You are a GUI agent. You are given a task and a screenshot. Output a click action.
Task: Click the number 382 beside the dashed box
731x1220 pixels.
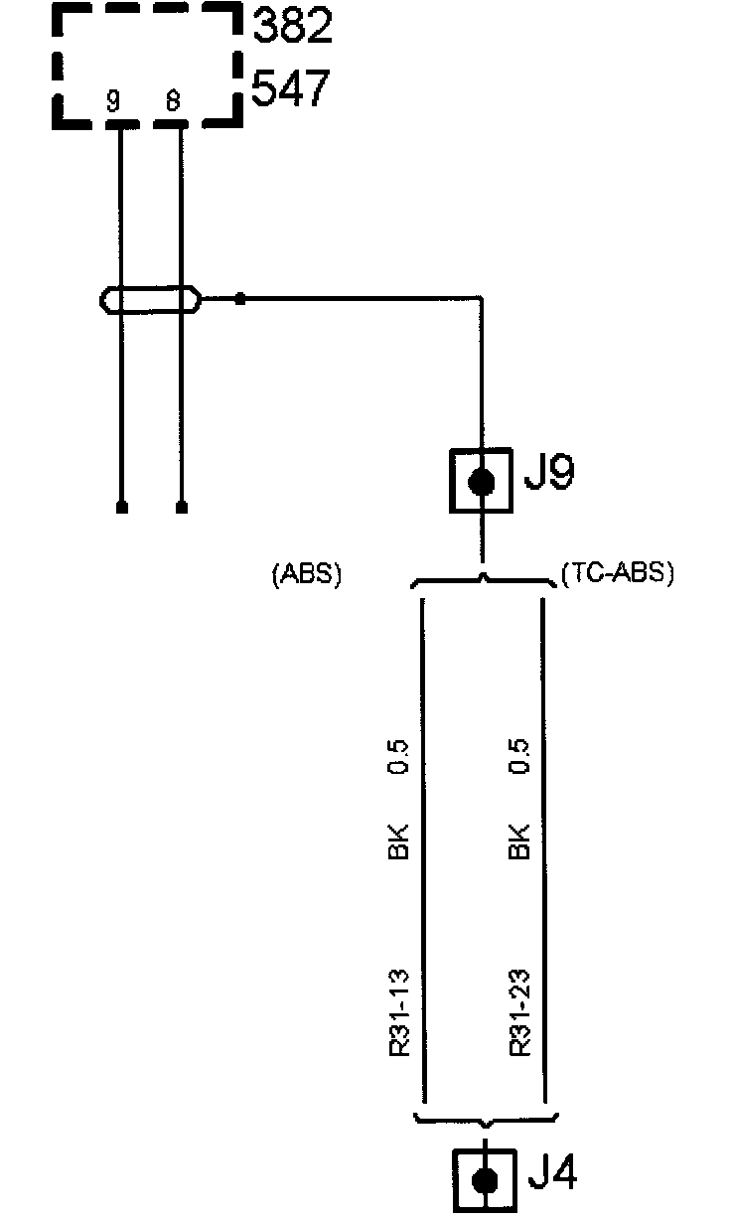click(292, 27)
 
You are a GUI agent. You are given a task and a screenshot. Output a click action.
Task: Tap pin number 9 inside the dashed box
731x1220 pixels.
click(115, 100)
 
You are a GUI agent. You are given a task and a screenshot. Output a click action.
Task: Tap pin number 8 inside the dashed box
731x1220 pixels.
click(173, 100)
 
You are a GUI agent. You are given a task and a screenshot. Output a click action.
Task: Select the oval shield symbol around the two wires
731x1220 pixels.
click(150, 298)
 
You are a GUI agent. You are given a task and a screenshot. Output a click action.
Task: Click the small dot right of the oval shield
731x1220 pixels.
click(240, 297)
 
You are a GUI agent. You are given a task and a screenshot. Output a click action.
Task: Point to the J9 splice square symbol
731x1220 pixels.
click(482, 482)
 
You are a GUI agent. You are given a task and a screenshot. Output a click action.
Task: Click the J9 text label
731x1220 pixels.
click(548, 475)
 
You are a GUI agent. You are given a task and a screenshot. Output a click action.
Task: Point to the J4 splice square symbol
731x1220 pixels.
click(485, 1181)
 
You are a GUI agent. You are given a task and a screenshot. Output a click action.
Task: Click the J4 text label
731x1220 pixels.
click(551, 1174)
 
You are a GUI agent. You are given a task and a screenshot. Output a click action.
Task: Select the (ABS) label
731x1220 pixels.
click(306, 575)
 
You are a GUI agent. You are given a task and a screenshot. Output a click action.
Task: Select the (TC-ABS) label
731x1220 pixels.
click(617, 574)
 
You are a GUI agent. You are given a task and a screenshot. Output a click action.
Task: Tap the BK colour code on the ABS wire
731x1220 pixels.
click(399, 840)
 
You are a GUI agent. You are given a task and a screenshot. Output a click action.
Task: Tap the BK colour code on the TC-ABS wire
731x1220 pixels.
click(518, 840)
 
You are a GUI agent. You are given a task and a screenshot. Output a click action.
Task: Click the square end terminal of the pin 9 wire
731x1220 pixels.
click(121, 508)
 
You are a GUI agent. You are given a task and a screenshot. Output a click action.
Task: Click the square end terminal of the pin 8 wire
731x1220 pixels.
click(182, 508)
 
